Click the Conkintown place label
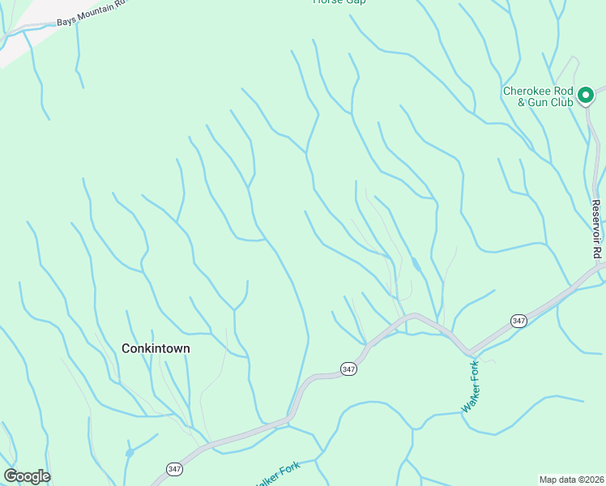156,348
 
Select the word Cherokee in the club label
527,91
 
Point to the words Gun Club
551,102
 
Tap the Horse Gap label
339,2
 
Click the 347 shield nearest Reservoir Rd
519,322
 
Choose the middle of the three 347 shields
348,369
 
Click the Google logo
27,476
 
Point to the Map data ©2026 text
571,480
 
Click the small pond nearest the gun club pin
415,264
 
